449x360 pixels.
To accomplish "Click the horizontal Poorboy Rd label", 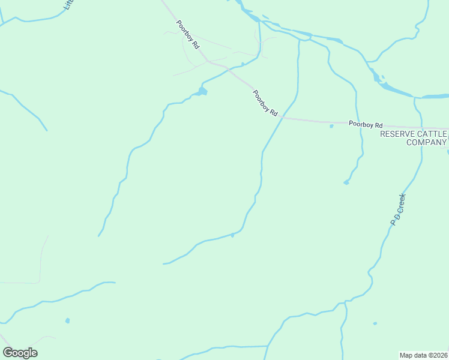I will tap(366, 124).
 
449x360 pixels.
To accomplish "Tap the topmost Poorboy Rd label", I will tap(187, 35).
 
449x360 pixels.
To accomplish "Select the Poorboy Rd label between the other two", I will tap(265, 103).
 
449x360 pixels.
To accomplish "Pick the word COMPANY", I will tap(426, 142).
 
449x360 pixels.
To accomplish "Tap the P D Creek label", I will tap(399, 209).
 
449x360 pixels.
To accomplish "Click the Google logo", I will tap(20, 353).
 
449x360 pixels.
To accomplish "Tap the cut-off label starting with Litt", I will tap(67, 5).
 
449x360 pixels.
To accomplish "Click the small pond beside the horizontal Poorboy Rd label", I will tap(331, 126).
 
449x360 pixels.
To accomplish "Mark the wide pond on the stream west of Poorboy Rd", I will tap(202, 91).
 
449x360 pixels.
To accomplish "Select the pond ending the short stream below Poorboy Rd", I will tap(346, 182).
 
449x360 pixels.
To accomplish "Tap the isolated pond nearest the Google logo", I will tap(67, 320).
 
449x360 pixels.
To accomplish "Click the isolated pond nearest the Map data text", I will tap(375, 323).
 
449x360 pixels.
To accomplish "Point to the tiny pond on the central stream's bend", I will tap(232, 235).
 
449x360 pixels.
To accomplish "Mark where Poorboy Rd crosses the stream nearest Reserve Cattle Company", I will tap(358, 122).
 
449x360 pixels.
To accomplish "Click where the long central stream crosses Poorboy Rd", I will tap(280, 118).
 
